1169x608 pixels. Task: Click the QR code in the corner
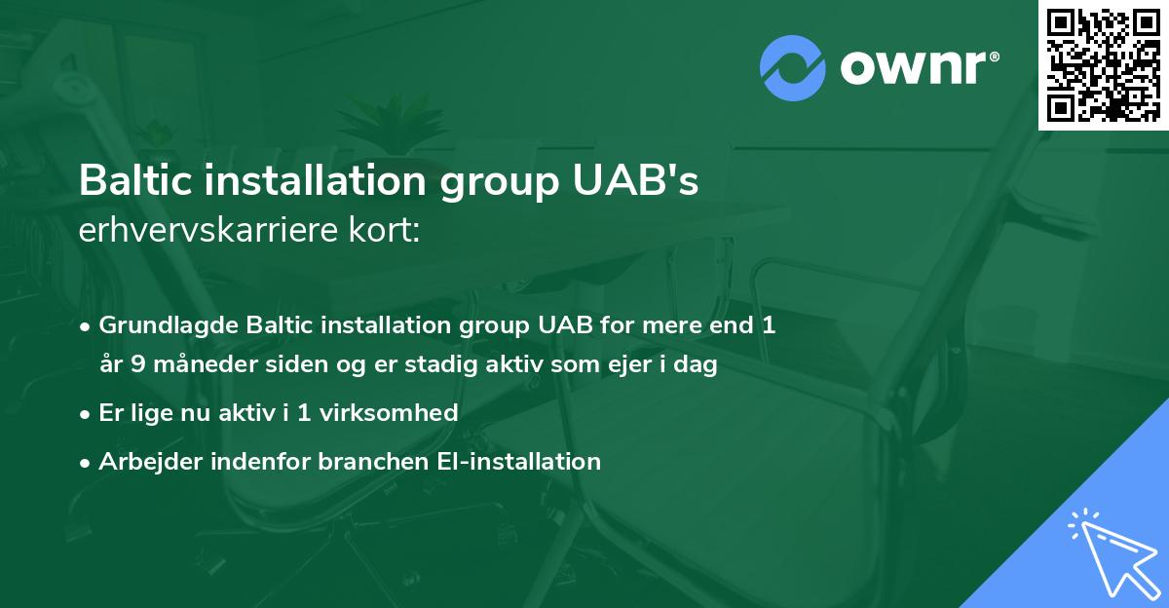1104,64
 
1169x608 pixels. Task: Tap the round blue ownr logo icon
793,67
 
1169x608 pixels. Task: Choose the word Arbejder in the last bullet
142,460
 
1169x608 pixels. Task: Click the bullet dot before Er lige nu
87,413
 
